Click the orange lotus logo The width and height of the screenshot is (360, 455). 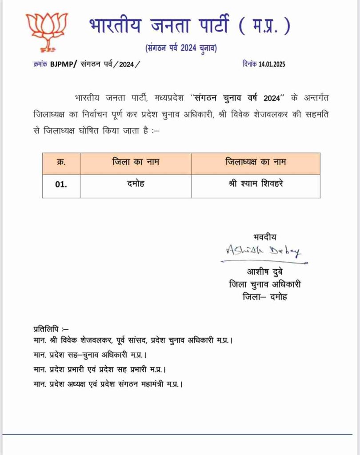click(x=46, y=31)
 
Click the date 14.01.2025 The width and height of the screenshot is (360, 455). click(x=267, y=64)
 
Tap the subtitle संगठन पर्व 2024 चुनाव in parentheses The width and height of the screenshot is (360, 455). click(x=181, y=48)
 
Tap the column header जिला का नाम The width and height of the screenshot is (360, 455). click(x=135, y=162)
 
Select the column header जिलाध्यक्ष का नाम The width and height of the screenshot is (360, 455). click(x=255, y=162)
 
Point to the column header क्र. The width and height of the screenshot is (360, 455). click(x=61, y=162)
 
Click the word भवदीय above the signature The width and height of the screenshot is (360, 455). click(x=264, y=237)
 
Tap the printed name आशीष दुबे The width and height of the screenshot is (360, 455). click(x=264, y=272)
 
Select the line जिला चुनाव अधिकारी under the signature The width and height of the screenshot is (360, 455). click(x=268, y=284)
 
